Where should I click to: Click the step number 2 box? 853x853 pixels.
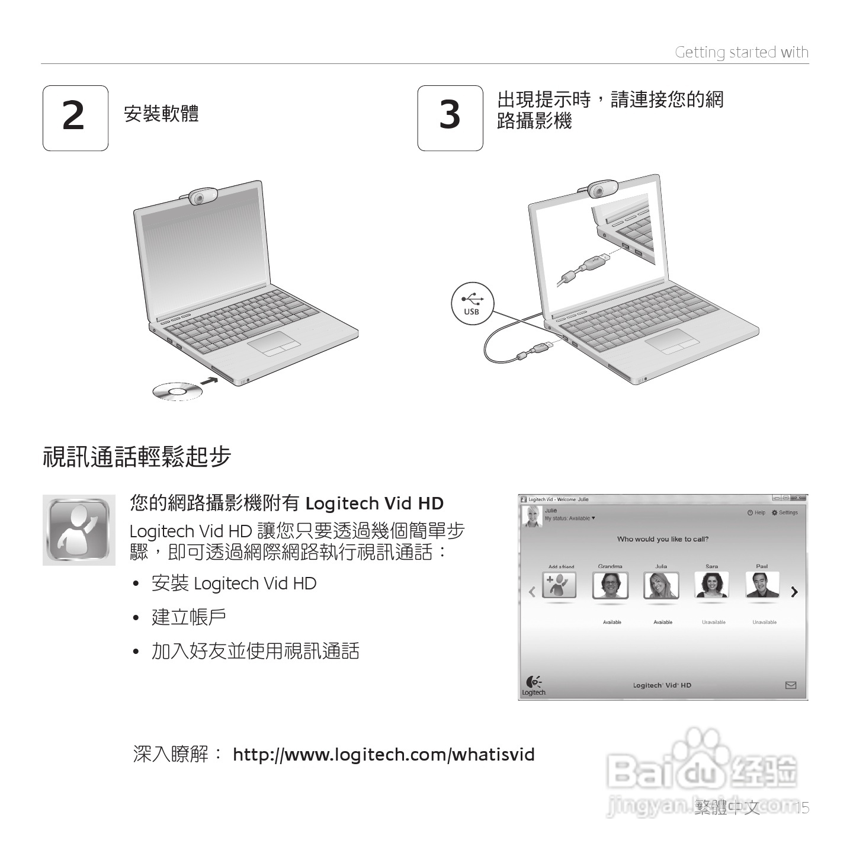(x=75, y=118)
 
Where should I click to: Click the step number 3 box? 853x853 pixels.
(x=450, y=118)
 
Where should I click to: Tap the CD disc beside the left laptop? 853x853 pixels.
(x=177, y=391)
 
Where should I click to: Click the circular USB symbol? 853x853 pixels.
(x=472, y=303)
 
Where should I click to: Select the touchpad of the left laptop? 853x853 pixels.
(x=273, y=343)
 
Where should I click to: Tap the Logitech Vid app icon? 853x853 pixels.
(x=79, y=530)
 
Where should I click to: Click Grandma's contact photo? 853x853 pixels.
(x=610, y=585)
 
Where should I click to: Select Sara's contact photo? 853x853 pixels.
(x=711, y=585)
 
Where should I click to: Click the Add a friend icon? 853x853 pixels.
(x=559, y=585)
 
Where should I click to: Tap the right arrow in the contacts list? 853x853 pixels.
(x=794, y=592)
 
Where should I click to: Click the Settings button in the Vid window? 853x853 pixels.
(x=785, y=512)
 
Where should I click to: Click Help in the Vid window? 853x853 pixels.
(x=756, y=512)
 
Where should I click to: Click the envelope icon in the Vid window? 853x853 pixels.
(x=790, y=685)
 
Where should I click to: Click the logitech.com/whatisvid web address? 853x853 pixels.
(x=384, y=755)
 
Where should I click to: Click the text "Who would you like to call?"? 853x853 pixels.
(x=662, y=539)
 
